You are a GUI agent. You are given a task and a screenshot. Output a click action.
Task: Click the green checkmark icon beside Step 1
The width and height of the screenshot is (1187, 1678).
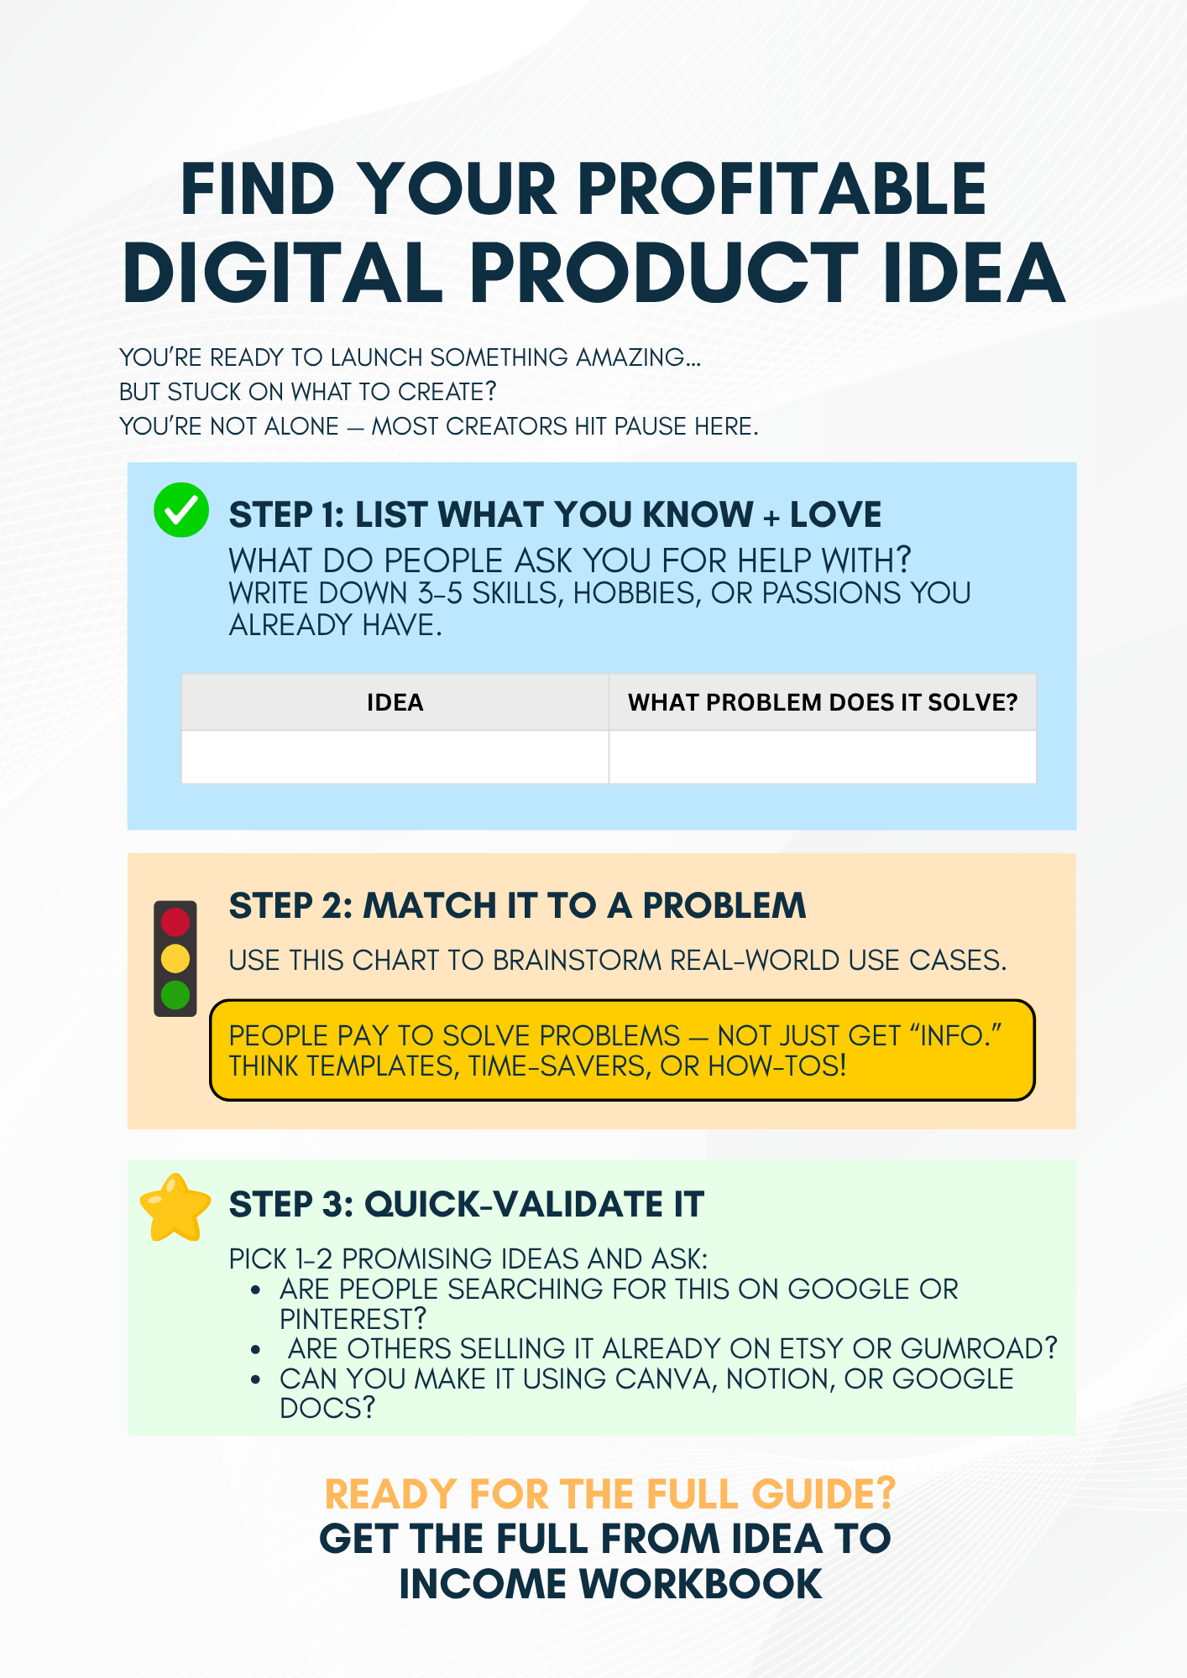[181, 510]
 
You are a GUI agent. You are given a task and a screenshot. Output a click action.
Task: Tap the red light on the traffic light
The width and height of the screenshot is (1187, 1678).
[175, 922]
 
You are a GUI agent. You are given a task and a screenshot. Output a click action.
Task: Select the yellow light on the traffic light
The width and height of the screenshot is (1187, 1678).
[175, 958]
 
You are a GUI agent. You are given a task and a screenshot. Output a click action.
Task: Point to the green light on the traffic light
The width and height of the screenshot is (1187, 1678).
[175, 995]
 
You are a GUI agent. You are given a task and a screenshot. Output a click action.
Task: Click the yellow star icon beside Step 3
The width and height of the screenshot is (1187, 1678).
[175, 1208]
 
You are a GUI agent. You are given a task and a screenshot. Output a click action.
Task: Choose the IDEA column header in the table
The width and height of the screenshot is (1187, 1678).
[395, 702]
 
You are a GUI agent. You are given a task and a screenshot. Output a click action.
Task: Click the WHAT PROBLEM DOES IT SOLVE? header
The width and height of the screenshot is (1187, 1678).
[823, 702]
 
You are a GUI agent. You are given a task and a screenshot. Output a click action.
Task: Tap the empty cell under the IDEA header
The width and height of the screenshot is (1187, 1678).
[395, 757]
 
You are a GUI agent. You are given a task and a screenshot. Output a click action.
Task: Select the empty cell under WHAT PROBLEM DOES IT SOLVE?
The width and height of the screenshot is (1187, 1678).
[823, 757]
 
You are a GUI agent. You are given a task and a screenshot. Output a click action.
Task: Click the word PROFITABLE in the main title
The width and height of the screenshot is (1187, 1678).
[782, 190]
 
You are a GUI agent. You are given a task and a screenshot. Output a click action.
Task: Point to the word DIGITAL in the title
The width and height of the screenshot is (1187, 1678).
[283, 273]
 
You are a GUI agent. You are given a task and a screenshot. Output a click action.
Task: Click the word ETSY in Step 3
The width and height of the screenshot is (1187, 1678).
[811, 1348]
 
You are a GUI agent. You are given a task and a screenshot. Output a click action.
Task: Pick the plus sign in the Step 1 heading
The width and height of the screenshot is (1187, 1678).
[771, 517]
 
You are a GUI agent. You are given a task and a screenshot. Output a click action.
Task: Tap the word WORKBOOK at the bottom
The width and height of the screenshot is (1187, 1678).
[701, 1584]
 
